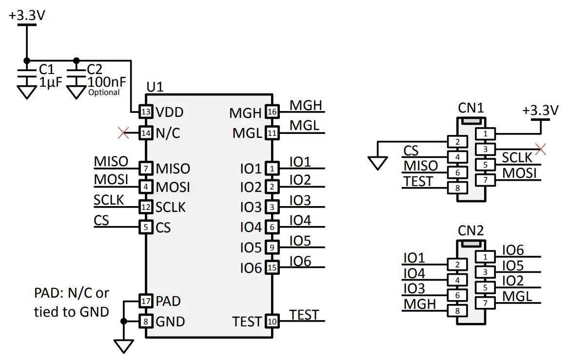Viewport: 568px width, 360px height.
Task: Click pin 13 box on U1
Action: click(x=145, y=112)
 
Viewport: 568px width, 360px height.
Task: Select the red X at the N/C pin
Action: click(x=124, y=132)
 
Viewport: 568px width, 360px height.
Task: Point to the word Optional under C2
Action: click(x=103, y=92)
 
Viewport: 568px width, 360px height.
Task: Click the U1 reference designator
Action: click(x=155, y=87)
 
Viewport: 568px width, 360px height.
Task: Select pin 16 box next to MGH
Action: click(x=272, y=113)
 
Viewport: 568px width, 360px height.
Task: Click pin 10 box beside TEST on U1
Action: click(x=272, y=322)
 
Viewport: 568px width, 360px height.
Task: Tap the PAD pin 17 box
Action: click(x=145, y=301)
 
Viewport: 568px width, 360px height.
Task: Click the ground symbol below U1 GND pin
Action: click(x=124, y=346)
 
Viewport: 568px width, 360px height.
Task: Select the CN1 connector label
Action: click(x=470, y=107)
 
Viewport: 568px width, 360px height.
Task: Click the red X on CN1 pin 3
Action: click(x=540, y=149)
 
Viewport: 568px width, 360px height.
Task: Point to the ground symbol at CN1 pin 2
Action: click(x=377, y=163)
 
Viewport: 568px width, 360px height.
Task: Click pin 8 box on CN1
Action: click(x=457, y=188)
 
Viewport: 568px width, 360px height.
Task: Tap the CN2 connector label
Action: click(x=470, y=230)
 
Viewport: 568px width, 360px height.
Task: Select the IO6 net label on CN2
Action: click(x=513, y=250)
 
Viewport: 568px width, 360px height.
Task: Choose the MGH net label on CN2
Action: click(x=420, y=304)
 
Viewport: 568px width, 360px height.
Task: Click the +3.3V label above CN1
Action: click(x=540, y=110)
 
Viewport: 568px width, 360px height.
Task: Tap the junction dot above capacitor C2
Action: click(x=76, y=61)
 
